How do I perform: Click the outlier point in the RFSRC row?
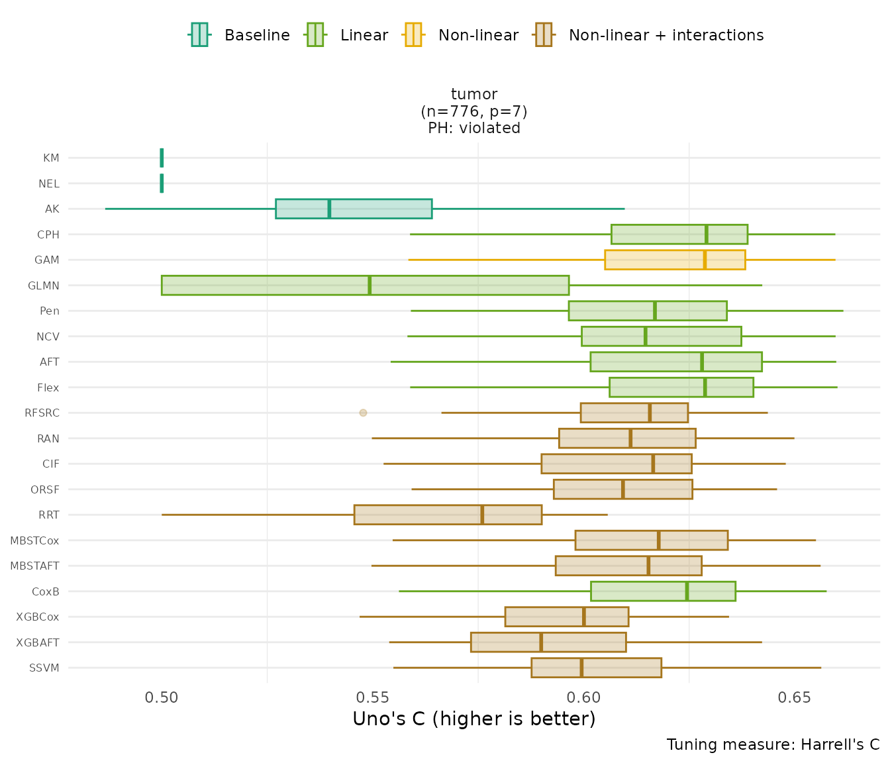click(363, 413)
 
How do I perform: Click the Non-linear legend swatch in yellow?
click(413, 34)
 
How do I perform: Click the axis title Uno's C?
click(473, 719)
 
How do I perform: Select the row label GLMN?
click(44, 285)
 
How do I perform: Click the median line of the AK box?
click(329, 209)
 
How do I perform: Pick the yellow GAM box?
click(675, 260)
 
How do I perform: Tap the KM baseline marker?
click(162, 158)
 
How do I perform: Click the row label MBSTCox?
click(34, 540)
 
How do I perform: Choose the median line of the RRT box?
click(482, 515)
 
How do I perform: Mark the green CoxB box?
click(663, 591)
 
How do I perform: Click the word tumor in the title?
click(473, 94)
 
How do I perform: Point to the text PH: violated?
click(473, 128)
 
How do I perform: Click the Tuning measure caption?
click(773, 744)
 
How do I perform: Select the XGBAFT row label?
click(38, 642)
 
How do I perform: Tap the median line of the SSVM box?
click(581, 668)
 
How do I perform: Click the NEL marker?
click(162, 183)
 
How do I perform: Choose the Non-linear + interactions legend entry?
click(666, 35)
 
